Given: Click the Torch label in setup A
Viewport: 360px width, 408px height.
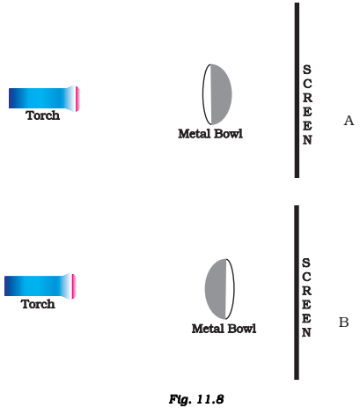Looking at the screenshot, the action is coord(43,115).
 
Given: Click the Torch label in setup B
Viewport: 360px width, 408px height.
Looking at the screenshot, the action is coord(38,304).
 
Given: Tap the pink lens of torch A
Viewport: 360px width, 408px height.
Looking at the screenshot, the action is coord(77,99).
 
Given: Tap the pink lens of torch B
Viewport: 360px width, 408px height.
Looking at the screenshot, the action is coord(74,286).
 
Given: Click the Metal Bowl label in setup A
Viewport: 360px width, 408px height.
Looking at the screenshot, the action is coord(210,134).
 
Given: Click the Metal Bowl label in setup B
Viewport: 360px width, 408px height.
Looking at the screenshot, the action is coord(224,329).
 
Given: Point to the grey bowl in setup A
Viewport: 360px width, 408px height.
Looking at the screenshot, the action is coord(221,94).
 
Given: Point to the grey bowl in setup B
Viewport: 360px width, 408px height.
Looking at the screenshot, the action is coord(216,289).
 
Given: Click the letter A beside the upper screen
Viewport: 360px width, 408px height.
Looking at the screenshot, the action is coord(349,121).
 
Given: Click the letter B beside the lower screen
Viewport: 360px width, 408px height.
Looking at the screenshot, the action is coord(343,323).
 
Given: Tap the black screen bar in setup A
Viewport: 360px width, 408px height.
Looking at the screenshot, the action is coord(297,90).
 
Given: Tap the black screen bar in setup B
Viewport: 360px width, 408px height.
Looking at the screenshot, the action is coord(297,293).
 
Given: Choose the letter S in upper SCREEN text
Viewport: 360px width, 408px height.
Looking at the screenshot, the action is coord(307,70).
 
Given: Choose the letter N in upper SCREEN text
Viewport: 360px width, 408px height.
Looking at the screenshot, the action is coord(307,140).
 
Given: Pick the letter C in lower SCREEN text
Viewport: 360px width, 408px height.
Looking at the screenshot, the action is coord(306,277).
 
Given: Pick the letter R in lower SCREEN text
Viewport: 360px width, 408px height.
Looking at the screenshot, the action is coord(306,291).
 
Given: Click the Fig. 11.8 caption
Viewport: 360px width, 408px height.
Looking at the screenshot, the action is coord(196,399).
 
